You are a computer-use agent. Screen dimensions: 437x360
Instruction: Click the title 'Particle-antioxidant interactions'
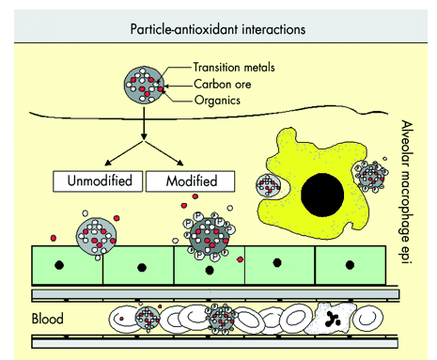click(218, 29)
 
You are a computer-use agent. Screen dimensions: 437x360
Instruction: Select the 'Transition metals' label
click(234, 67)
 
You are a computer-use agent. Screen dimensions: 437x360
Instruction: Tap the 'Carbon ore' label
click(223, 84)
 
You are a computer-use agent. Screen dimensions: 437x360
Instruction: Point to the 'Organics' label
click(217, 101)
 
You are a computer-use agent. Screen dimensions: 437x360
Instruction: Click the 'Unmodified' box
click(98, 181)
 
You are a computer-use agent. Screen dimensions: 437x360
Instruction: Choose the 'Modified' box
click(191, 181)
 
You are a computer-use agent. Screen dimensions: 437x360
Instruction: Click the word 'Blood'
click(48, 319)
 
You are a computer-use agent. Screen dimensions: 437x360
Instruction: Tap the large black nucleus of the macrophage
click(322, 195)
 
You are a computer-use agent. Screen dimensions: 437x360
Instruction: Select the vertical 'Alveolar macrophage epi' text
click(407, 192)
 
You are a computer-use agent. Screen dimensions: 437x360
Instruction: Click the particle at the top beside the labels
click(144, 84)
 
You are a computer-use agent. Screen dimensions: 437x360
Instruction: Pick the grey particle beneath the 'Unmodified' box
click(96, 237)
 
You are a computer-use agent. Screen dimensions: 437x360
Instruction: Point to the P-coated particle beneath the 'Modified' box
click(209, 237)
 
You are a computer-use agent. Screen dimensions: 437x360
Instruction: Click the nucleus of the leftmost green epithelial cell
click(59, 265)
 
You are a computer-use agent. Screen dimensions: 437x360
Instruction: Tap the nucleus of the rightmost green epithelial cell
click(350, 265)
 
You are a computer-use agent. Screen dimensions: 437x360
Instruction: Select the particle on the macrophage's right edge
click(372, 177)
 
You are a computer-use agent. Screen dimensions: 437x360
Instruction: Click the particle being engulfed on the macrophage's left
click(268, 185)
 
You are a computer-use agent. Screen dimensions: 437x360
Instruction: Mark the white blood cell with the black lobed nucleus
click(330, 319)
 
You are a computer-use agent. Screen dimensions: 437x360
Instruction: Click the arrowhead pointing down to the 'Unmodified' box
click(107, 163)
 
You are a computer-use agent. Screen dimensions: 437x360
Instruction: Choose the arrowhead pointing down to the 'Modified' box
click(180, 163)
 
